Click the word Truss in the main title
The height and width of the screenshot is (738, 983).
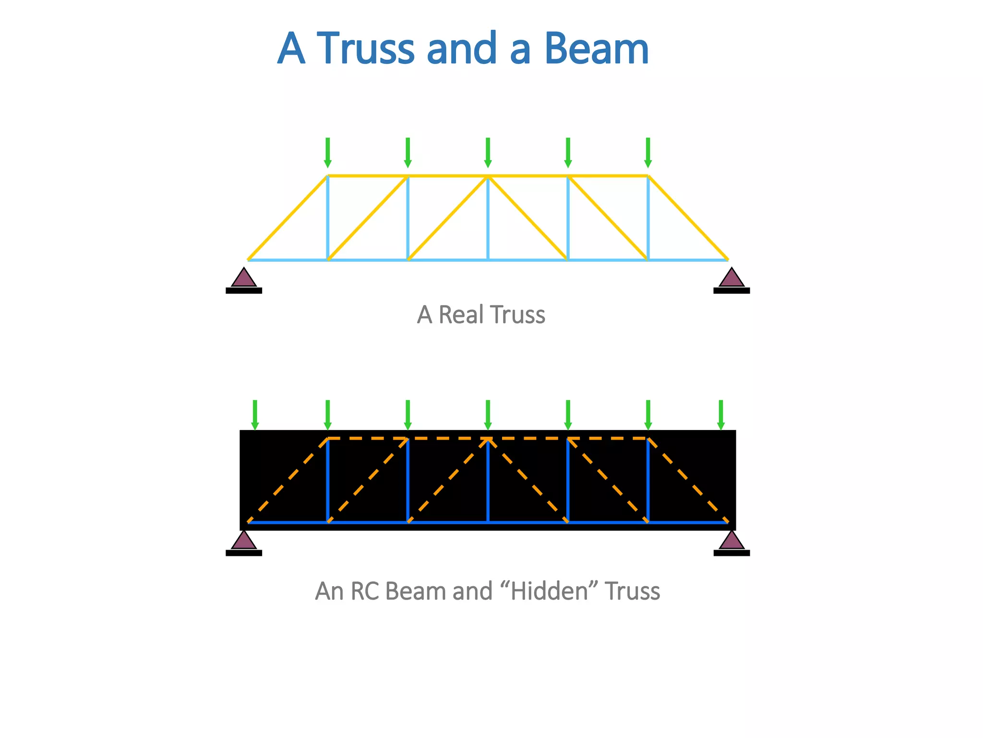[x=366, y=49]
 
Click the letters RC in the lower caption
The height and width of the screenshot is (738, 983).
[x=364, y=591]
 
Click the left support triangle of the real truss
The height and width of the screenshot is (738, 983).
[x=244, y=278]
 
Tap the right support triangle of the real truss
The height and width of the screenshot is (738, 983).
[x=731, y=278]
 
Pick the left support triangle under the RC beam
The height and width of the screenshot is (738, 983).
[x=244, y=541]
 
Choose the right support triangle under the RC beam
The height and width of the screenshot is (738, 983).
[x=731, y=541]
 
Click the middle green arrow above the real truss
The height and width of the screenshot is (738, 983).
[x=488, y=152]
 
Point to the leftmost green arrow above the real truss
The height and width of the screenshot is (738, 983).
[x=328, y=152]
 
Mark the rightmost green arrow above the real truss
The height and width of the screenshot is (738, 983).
[x=648, y=152]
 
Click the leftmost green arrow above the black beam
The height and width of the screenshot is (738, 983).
[x=255, y=415]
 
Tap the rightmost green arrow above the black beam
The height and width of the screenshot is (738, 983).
[x=720, y=415]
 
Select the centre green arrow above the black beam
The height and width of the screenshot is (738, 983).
[x=488, y=415]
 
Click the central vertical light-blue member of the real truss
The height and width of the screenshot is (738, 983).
[x=488, y=219]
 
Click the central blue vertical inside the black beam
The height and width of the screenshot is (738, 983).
[x=488, y=480]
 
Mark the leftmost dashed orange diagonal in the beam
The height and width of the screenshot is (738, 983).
[x=288, y=480]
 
